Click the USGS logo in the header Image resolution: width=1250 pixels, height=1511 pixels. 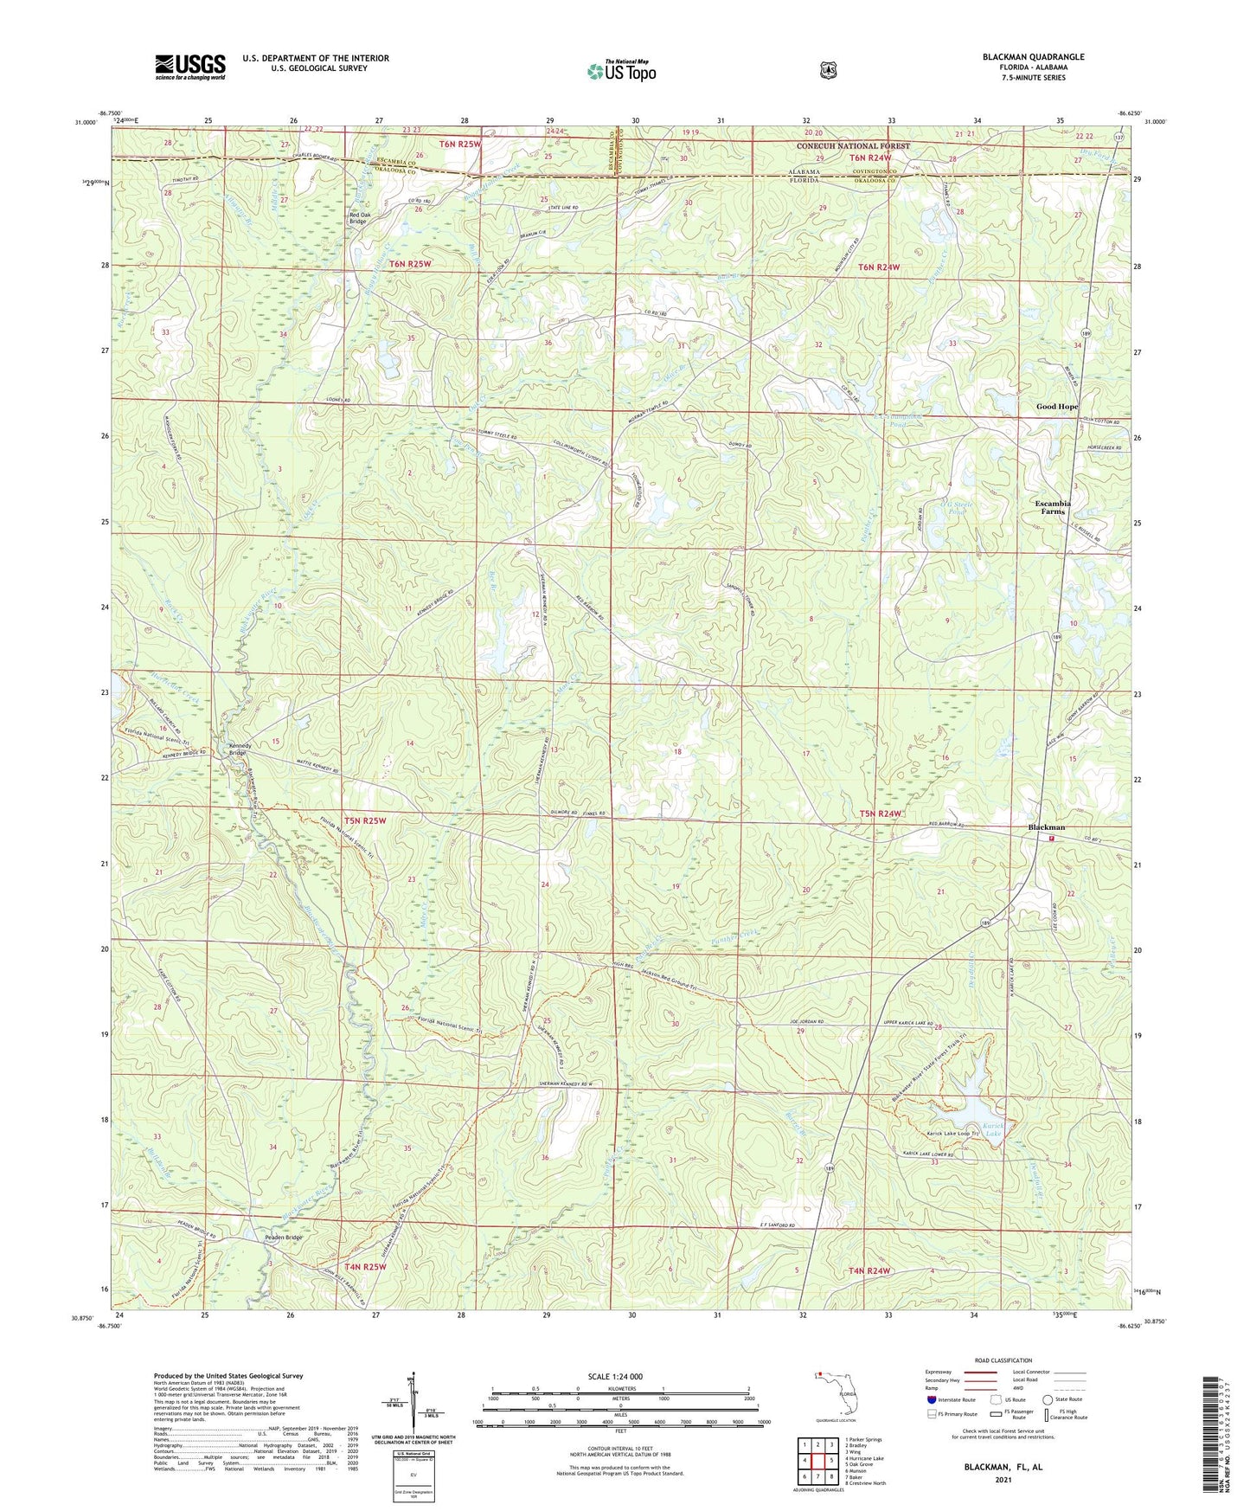[190, 67]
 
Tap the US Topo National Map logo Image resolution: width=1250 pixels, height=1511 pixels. [621, 71]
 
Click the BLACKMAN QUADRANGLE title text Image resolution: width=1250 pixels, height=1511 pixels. [1033, 57]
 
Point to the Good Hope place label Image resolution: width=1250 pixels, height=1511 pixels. [1057, 407]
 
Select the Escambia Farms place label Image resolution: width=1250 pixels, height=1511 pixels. [1053, 507]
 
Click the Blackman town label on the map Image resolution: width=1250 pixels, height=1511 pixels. [1046, 827]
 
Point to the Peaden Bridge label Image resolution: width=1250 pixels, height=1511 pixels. [283, 1238]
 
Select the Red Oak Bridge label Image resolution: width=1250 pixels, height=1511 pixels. [357, 217]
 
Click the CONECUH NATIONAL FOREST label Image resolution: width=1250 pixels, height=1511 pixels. [853, 146]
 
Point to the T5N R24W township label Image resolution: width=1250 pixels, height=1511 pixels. [881, 813]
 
